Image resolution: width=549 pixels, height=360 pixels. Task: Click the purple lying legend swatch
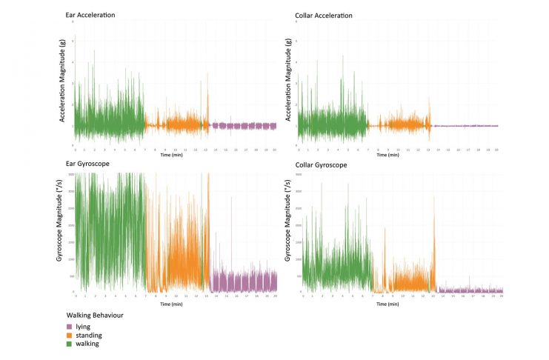click(70, 326)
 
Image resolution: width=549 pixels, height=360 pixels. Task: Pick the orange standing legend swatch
click(70, 335)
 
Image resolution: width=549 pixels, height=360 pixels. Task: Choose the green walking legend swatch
click(70, 344)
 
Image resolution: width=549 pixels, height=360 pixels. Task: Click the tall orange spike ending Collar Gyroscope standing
click(433, 222)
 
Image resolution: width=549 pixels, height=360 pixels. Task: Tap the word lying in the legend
click(83, 326)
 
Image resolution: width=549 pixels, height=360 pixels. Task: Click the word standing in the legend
click(89, 335)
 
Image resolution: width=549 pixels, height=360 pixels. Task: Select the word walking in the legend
click(87, 344)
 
